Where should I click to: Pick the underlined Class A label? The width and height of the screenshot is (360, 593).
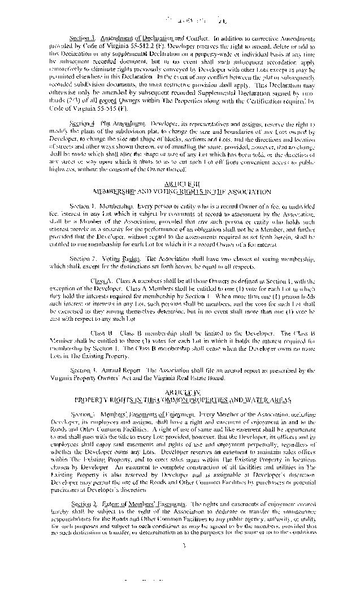[101, 280]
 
